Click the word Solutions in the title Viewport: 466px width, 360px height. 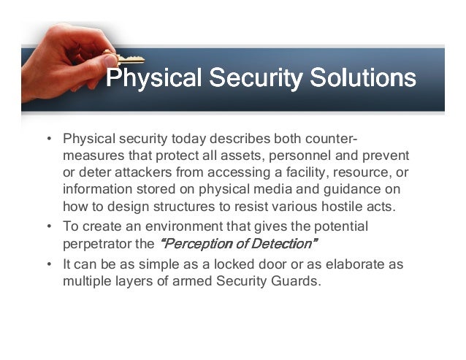tap(363, 78)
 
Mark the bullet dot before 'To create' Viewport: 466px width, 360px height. tap(48, 226)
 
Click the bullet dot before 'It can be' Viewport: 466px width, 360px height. tap(48, 264)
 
